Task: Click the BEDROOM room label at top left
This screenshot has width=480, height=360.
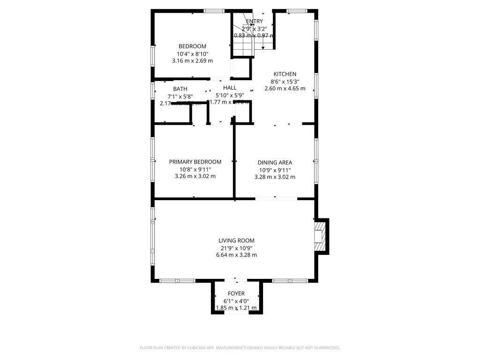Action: coord(192,46)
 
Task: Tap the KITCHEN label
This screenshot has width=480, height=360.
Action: coord(285,74)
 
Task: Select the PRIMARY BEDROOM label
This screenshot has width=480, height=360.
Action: coord(195,162)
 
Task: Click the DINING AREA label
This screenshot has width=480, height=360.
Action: coord(275,163)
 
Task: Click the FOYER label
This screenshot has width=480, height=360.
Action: coord(236,293)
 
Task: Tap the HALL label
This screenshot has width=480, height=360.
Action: coord(230,88)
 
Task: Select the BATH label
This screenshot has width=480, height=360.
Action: coord(180,89)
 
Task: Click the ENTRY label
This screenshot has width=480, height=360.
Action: coord(254,21)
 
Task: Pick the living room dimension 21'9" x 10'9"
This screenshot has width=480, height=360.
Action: coord(236,248)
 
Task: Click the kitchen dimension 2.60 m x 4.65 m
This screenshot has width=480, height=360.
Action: coord(285,88)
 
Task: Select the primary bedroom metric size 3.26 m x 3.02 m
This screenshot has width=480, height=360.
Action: coord(195,176)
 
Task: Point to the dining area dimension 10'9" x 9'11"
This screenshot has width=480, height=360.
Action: coord(275,170)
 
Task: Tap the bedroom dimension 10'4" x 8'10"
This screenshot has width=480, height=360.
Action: coord(192,53)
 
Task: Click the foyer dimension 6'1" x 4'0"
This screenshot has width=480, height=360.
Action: coord(236,301)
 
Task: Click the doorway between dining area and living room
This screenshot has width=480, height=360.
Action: coord(276,199)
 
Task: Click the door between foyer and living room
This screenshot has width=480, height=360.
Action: coord(236,281)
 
